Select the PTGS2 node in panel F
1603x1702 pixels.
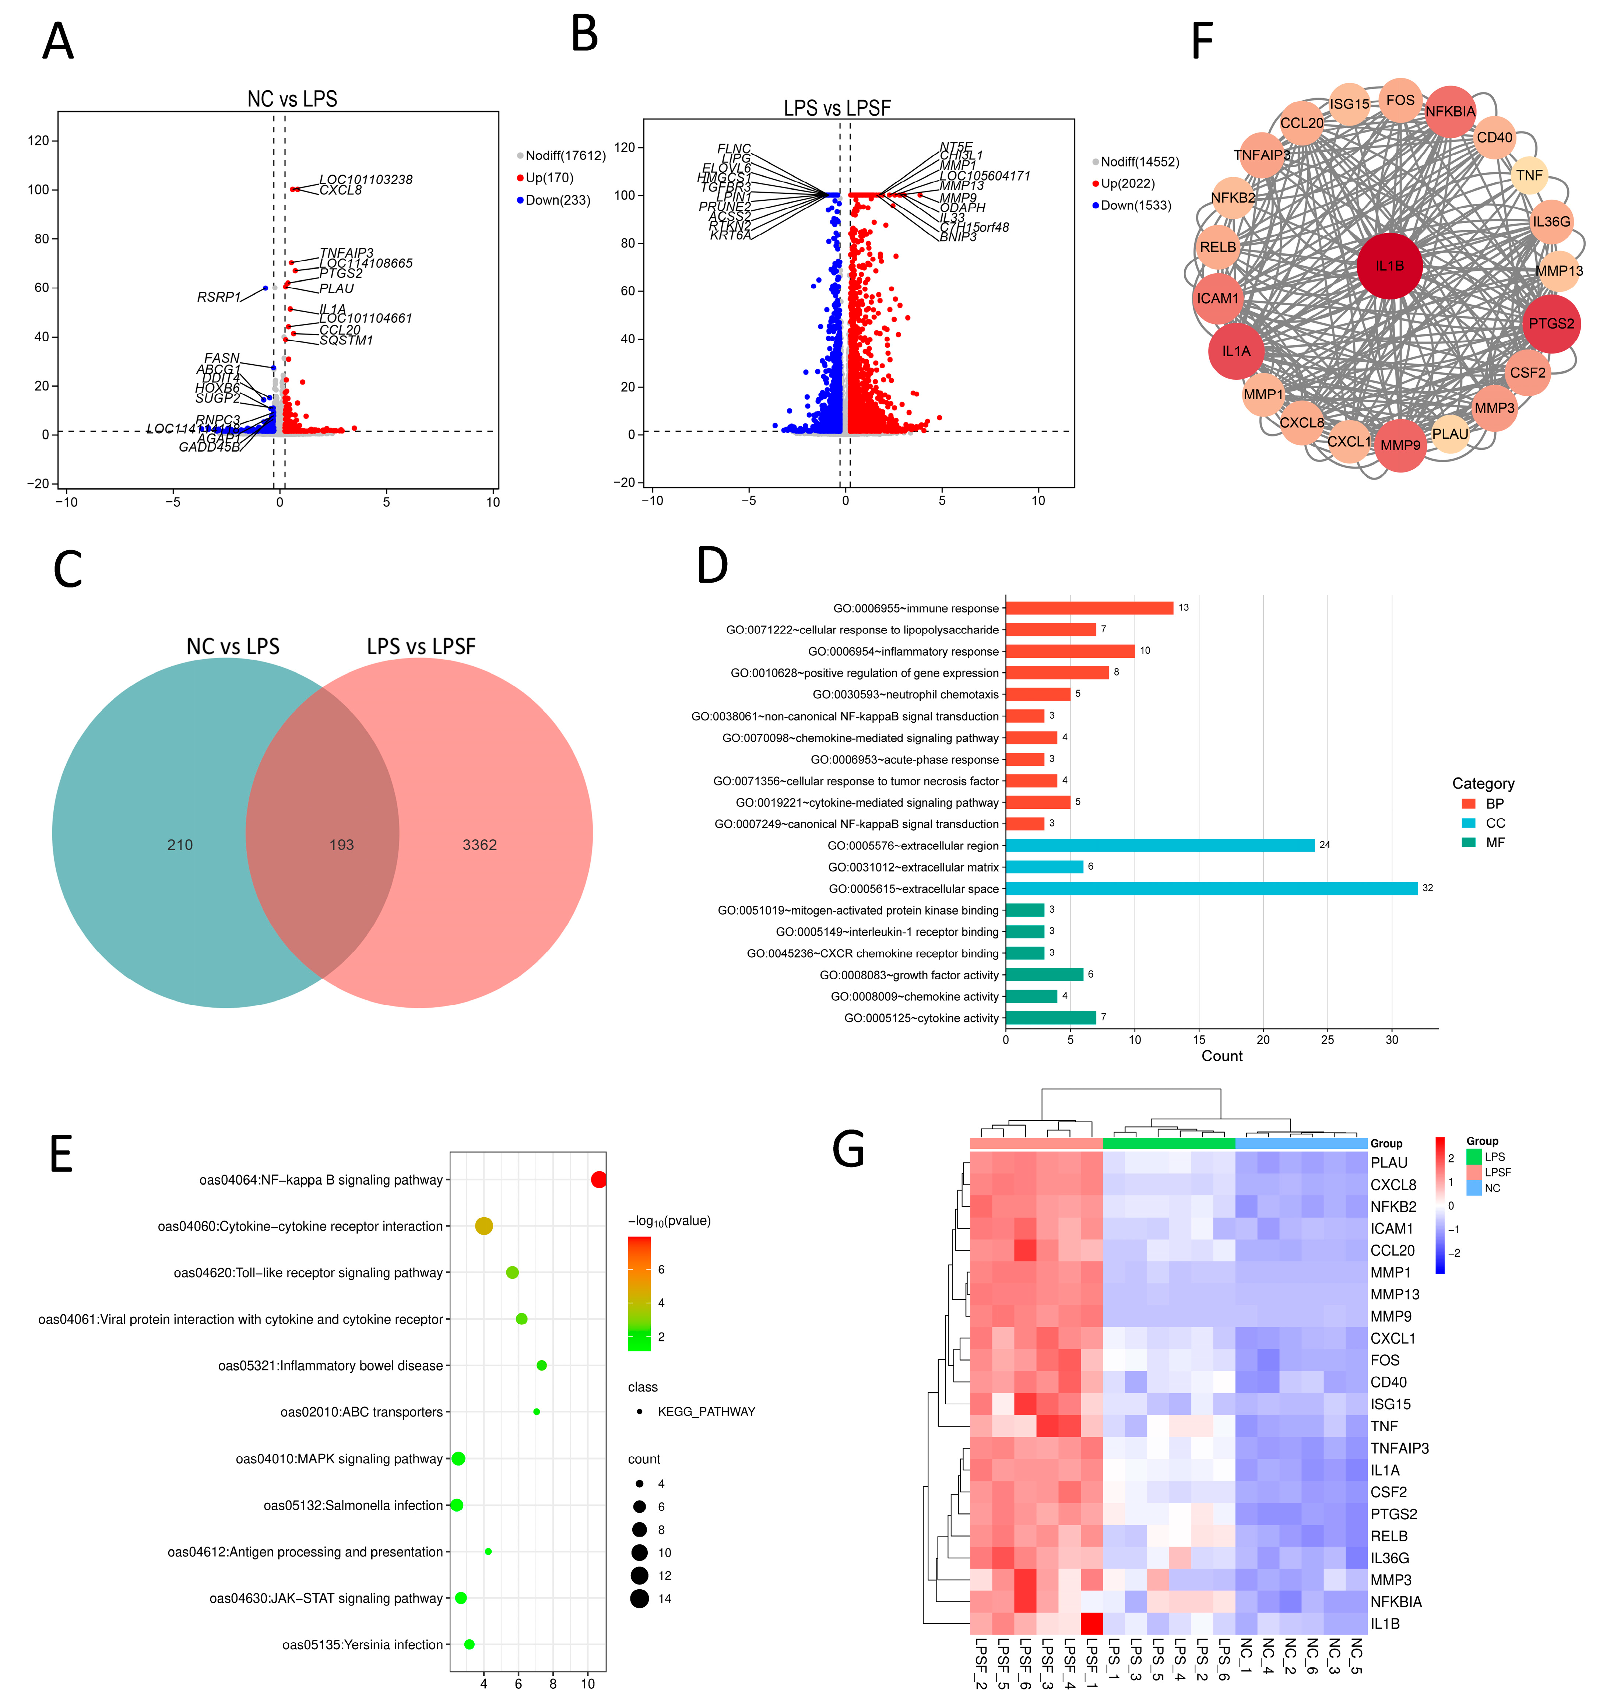(x=1551, y=324)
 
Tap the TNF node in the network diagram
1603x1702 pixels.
(x=1529, y=176)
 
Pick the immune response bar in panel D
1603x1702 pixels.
(x=1089, y=608)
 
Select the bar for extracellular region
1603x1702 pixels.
(x=1160, y=845)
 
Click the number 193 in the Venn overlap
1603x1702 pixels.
(x=341, y=845)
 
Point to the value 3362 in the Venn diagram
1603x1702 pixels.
(x=479, y=845)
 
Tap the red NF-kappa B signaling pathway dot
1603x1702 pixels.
(x=598, y=1180)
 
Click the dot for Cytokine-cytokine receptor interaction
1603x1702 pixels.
(x=484, y=1226)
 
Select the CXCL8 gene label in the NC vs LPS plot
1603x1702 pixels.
(x=341, y=190)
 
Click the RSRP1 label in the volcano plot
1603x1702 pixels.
(x=218, y=297)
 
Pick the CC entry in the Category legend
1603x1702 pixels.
(x=1494, y=823)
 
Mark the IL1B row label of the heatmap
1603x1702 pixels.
(x=1385, y=1623)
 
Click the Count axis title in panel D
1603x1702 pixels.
(x=1221, y=1056)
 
